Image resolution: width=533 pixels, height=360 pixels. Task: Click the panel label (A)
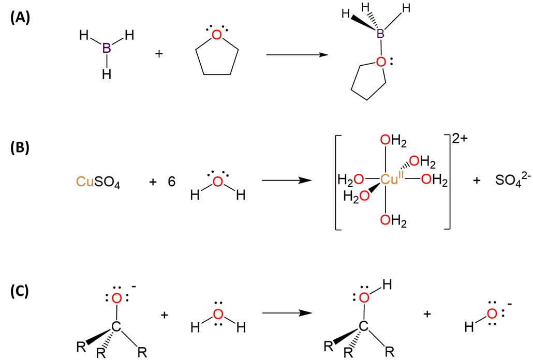point(20,17)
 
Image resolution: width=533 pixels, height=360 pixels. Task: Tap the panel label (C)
point(20,291)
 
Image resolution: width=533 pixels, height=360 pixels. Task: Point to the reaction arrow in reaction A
point(297,54)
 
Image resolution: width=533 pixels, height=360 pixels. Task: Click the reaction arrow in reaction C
point(287,313)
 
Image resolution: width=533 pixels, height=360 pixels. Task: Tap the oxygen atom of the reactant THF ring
point(217,35)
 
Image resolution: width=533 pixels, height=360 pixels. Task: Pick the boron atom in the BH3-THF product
point(380,35)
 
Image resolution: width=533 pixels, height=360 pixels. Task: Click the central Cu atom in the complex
point(390,179)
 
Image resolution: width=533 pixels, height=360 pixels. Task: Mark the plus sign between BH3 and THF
point(159,53)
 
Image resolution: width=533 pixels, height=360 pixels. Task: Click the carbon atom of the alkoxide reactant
point(116,327)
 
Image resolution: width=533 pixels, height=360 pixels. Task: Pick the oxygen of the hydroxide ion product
point(492,313)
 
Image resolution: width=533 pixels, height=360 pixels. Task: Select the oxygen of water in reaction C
point(218,314)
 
